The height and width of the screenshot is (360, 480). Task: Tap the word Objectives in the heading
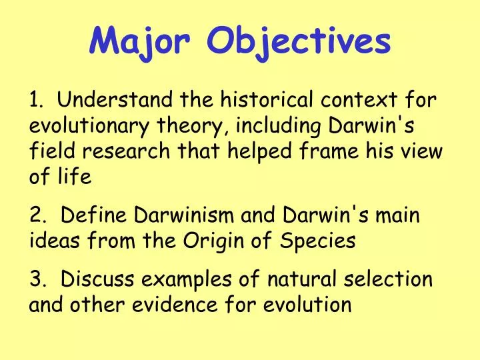tap(299, 41)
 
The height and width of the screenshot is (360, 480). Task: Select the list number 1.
tap(34, 101)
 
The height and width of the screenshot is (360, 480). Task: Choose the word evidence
tap(193, 304)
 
